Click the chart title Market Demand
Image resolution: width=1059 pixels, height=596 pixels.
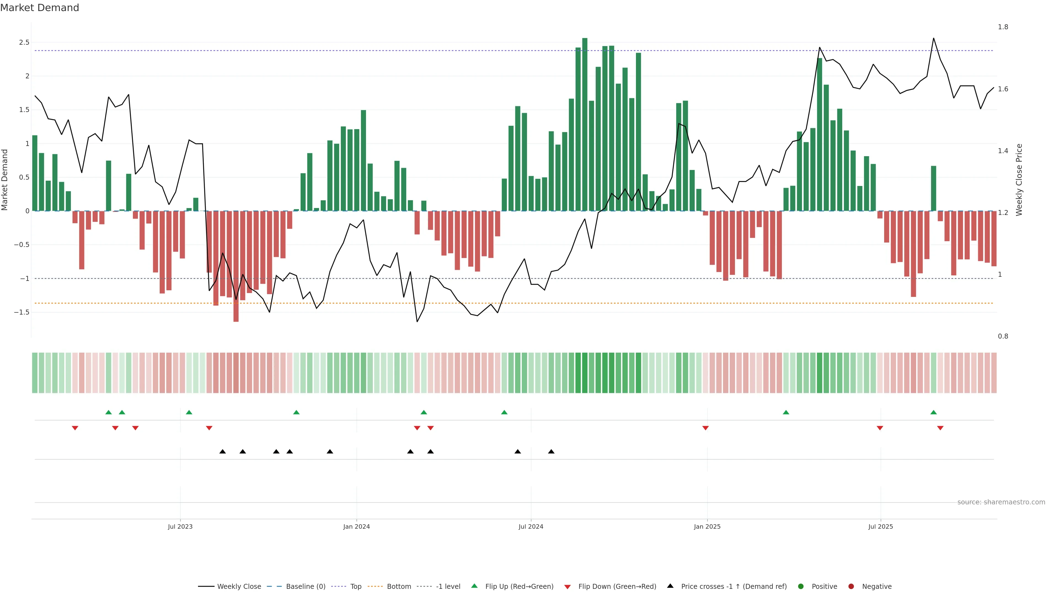tap(39, 8)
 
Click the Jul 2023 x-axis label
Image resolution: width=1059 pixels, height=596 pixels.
tap(180, 526)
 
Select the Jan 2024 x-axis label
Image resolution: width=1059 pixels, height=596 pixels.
tap(356, 526)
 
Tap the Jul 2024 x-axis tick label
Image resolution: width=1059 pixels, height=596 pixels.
tap(531, 526)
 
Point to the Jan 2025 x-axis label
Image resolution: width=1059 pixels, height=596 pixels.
tap(707, 526)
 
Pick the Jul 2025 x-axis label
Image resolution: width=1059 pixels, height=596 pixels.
tap(881, 526)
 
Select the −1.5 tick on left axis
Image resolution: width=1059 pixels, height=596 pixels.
tap(22, 312)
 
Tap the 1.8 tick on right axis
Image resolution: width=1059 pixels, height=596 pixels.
tap(1003, 27)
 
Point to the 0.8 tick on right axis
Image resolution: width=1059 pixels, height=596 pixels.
tap(1003, 336)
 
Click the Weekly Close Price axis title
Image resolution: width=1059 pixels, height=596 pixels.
tap(1019, 180)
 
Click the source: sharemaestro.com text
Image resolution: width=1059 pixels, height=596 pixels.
tap(1001, 502)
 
